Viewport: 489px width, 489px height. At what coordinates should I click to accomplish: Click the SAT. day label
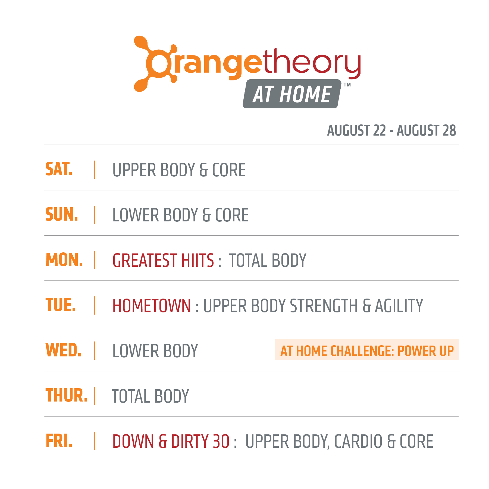59,169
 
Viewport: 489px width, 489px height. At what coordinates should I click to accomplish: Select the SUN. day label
62,214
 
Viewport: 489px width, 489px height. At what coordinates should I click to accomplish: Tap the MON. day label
64,260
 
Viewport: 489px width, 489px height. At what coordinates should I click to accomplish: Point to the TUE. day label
61,305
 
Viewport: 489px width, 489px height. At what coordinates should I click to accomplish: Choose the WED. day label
64,350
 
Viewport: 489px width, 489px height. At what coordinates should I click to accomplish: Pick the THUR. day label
67,395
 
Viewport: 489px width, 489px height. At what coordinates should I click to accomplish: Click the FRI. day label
59,441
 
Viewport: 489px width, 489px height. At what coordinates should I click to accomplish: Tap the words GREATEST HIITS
163,260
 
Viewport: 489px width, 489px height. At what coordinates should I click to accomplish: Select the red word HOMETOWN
152,306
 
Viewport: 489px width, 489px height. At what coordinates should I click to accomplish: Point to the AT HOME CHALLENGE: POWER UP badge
367,350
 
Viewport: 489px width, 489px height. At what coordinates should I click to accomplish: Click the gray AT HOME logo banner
292,94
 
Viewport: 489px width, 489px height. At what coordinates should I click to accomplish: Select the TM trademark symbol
347,85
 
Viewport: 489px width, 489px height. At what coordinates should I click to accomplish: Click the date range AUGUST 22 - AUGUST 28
391,130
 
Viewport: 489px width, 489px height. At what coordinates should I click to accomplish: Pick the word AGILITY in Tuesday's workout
399,306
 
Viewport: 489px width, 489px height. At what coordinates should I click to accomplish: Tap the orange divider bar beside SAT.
95,170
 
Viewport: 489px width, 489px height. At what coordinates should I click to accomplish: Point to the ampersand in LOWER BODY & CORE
206,215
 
